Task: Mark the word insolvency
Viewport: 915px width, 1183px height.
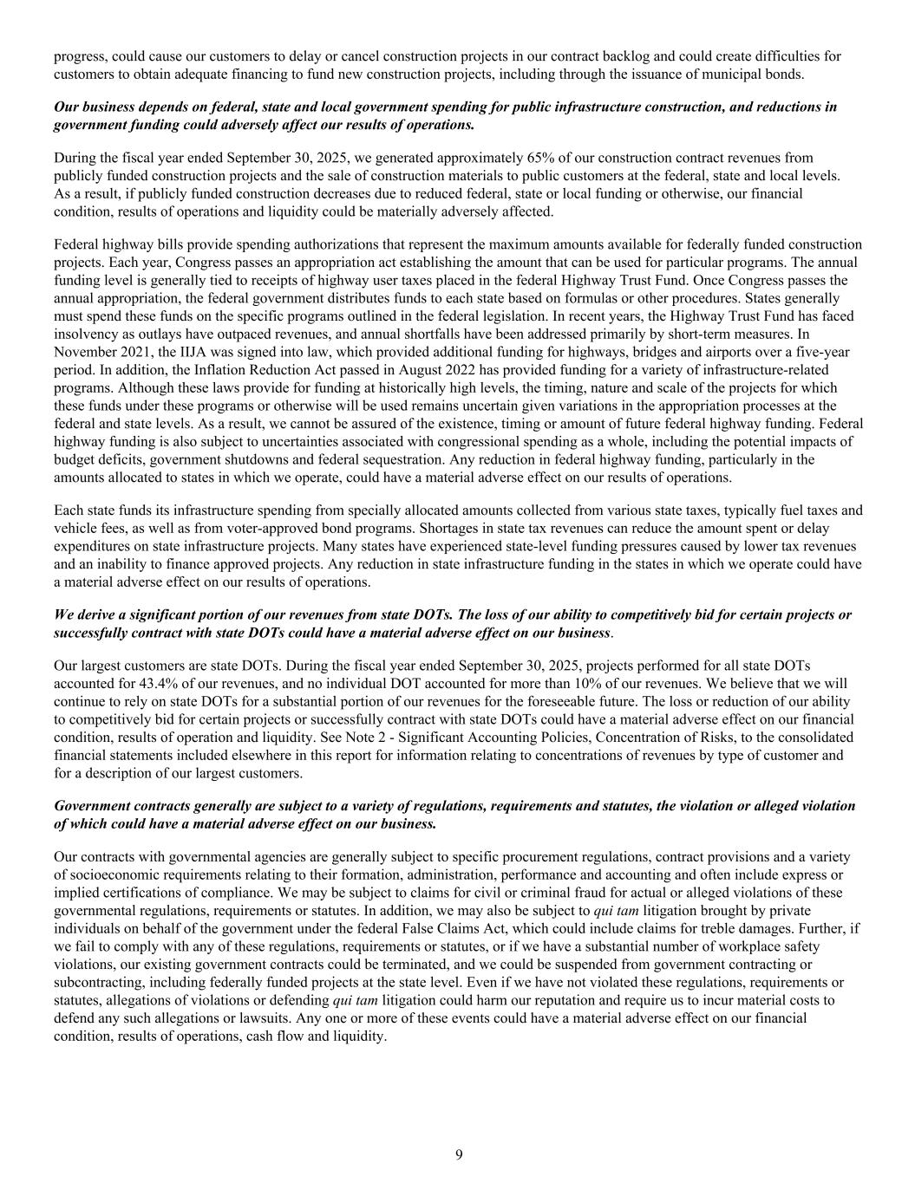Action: [x=88, y=335]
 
